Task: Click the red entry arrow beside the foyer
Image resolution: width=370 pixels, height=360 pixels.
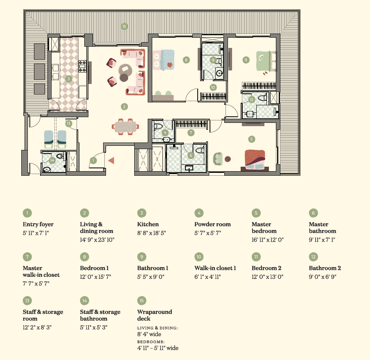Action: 112,161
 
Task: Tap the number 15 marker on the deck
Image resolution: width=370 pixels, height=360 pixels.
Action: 124,26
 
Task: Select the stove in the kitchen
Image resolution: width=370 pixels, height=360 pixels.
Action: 82,66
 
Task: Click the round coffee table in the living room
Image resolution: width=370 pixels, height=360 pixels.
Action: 125,70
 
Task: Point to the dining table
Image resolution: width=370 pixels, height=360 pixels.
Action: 126,127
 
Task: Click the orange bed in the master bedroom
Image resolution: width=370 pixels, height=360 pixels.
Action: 255,160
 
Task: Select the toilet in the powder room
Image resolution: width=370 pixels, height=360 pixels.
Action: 158,126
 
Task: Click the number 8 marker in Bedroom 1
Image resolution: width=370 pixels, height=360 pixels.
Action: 186,60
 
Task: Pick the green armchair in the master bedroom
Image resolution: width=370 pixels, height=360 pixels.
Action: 218,159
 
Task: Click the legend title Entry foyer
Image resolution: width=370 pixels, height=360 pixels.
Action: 38,224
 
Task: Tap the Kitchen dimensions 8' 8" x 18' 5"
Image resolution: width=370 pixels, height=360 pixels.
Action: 151,233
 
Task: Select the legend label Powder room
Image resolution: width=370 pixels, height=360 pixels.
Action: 212,224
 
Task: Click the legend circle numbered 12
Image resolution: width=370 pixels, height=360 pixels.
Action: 314,257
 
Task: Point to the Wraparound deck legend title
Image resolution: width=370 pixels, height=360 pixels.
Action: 155,315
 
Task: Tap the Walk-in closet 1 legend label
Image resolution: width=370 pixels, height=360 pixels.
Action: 215,268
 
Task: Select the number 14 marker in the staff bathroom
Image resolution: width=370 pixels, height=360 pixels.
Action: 52,161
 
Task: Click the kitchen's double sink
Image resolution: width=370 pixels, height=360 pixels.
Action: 55,72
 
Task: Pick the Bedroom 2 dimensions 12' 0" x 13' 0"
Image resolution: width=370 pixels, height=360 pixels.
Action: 267,277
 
